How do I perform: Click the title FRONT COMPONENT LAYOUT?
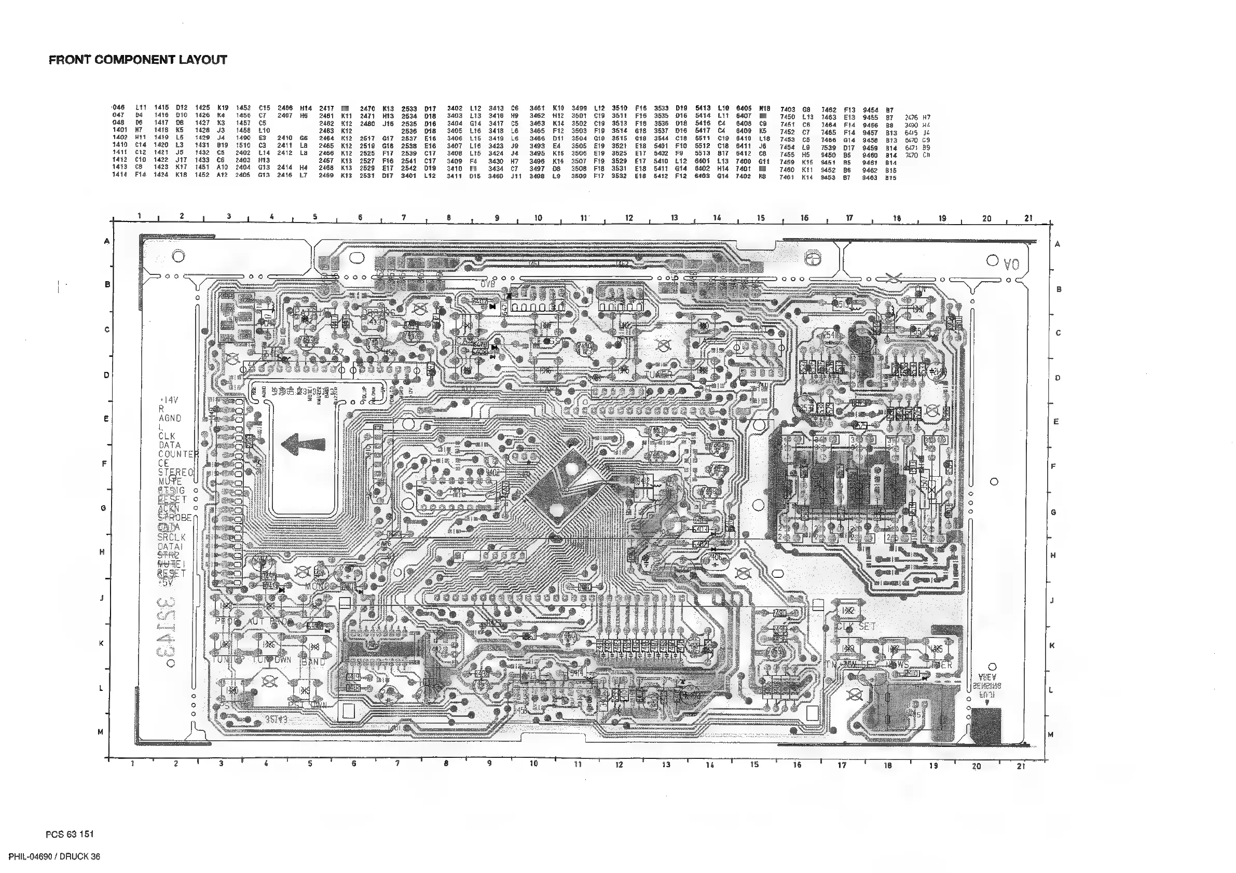[138, 60]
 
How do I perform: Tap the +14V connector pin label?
[169, 400]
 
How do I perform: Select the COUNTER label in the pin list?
[178, 454]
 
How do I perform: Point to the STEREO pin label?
[175, 473]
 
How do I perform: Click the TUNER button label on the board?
[658, 375]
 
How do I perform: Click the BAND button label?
[313, 662]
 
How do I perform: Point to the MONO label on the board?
[317, 586]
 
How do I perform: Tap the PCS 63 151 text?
[70, 834]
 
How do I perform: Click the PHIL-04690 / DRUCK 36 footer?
[54, 857]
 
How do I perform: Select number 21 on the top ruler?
[1028, 218]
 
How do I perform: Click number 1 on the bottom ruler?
[132, 764]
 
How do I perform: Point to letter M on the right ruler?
[1050, 735]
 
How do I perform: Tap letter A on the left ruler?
[106, 241]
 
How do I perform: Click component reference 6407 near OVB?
[479, 302]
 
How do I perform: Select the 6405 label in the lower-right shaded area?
[914, 714]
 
